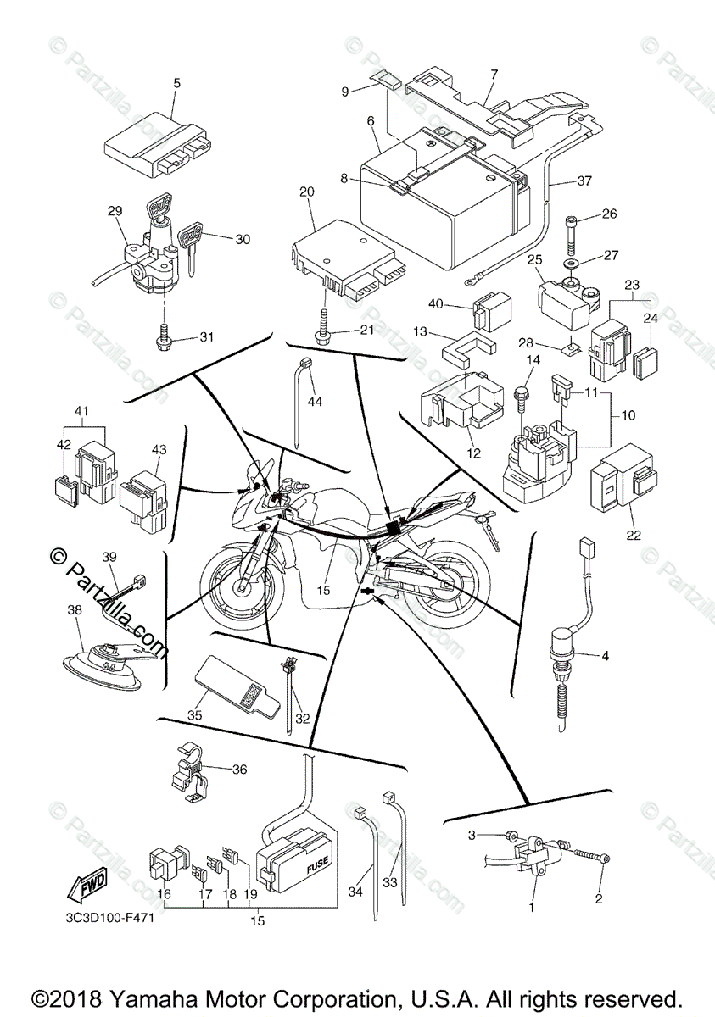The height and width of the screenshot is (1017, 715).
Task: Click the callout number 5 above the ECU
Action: pyautogui.click(x=176, y=83)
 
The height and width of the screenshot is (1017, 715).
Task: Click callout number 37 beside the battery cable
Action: pyautogui.click(x=584, y=181)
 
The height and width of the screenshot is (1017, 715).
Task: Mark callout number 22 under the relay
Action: pyautogui.click(x=634, y=535)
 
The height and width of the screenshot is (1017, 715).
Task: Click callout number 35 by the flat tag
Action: pyautogui.click(x=195, y=715)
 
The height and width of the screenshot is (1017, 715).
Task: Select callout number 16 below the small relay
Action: pyautogui.click(x=165, y=894)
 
